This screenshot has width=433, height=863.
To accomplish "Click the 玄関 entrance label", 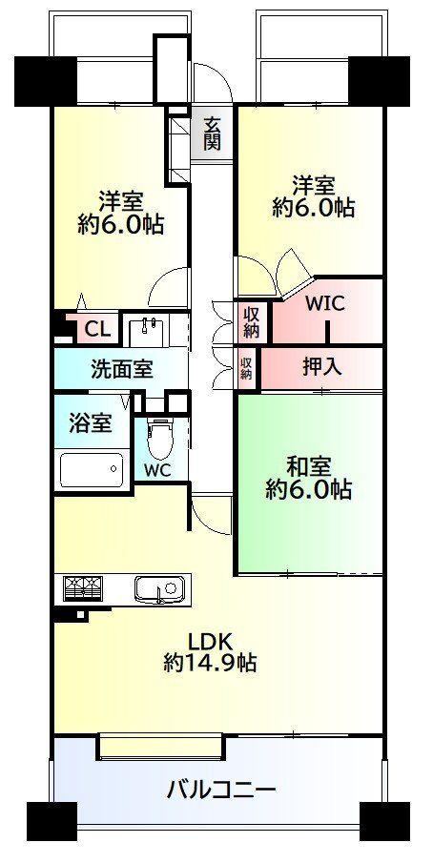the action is click(212, 134).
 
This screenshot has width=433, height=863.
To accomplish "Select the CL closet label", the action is click(98, 331).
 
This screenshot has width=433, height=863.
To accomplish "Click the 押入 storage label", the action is click(321, 366).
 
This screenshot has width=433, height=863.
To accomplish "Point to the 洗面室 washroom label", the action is click(121, 369).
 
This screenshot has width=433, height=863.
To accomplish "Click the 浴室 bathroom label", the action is click(91, 422).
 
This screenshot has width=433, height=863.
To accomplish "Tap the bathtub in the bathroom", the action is click(92, 469).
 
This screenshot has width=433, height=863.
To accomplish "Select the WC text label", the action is click(157, 470).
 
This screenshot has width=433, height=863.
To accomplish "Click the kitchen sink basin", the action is click(159, 589).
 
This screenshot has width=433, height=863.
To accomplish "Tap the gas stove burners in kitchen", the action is click(83, 588).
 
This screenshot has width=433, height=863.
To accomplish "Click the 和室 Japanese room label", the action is click(309, 466).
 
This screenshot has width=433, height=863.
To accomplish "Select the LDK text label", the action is click(212, 642).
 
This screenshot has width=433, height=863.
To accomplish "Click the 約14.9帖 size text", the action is click(212, 663).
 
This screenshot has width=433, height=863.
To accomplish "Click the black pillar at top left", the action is click(46, 81).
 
